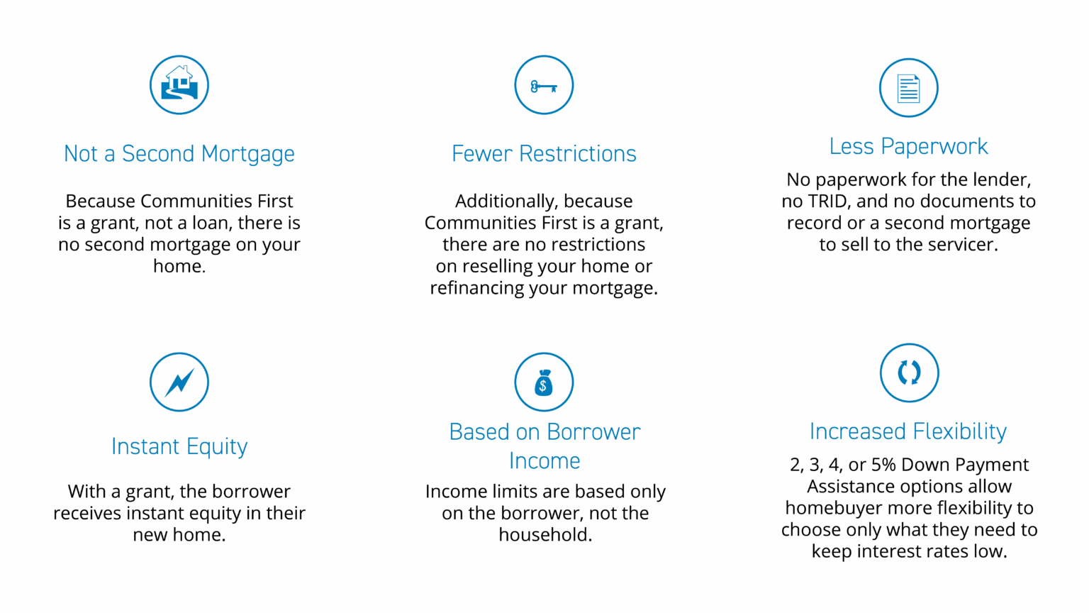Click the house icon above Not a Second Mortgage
tap(179, 84)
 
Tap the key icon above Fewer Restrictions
tap(544, 84)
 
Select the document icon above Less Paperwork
tap(909, 88)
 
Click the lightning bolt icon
tap(179, 382)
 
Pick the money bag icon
tap(544, 382)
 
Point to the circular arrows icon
tap(909, 372)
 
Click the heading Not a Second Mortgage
tap(179, 154)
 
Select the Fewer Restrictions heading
tap(544, 154)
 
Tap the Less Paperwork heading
tap(909, 146)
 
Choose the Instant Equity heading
tap(179, 447)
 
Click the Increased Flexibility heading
tap(908, 432)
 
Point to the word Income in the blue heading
tap(544, 461)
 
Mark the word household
tap(545, 535)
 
